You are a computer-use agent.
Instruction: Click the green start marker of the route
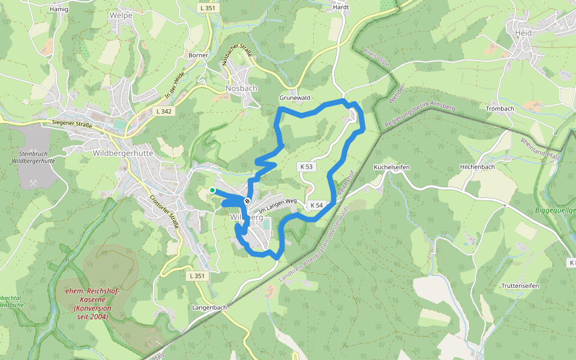tap(212, 190)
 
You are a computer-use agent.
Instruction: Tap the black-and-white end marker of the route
tap(247, 201)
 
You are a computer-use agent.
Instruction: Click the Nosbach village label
tap(241, 88)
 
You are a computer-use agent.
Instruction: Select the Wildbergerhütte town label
tap(124, 153)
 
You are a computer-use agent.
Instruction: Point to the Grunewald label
tap(293, 97)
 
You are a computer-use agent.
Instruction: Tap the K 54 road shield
tap(316, 205)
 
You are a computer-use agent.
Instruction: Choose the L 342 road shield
tap(163, 111)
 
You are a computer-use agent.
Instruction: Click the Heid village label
tap(523, 32)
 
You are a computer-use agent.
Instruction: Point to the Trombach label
tap(500, 109)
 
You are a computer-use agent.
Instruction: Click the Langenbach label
tap(209, 307)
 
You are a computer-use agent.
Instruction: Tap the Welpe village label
tap(121, 16)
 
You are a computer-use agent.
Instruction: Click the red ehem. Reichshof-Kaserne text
tap(92, 304)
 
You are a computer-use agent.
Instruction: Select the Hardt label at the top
tap(340, 8)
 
